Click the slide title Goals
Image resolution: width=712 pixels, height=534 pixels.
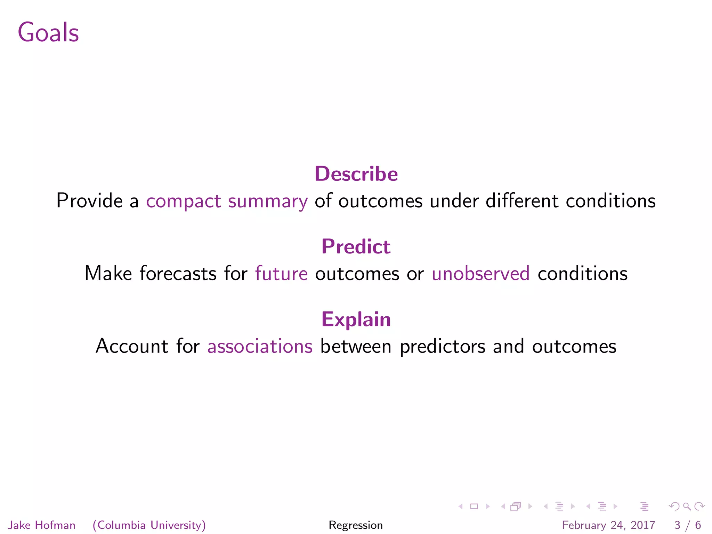[48, 32]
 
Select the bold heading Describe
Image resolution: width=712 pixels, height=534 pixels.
[356, 174]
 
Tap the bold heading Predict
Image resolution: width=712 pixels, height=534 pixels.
[356, 246]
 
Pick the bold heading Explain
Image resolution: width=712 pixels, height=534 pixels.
[356, 319]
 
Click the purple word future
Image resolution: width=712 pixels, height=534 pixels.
[281, 274]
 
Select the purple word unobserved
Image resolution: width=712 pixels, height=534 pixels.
[480, 274]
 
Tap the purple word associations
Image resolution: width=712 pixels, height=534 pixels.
[260, 347]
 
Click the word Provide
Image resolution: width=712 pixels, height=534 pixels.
[90, 201]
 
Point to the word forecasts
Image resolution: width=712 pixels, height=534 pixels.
[178, 274]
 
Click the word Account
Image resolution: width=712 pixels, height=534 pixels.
[132, 347]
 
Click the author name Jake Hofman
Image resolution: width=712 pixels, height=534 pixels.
[42, 525]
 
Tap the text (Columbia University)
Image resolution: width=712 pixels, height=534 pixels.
[149, 525]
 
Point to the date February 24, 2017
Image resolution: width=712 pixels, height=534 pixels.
[608, 525]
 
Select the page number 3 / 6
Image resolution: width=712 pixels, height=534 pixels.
[687, 525]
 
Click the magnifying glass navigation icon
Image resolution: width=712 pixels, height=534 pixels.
[687, 506]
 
